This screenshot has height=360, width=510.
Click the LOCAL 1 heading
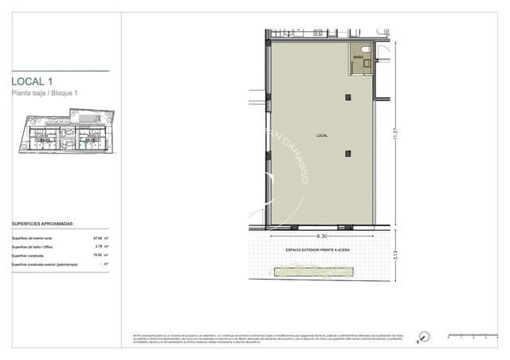click(33, 81)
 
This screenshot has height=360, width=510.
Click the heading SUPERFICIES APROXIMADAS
click(44, 225)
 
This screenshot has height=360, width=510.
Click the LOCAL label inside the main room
click(321, 136)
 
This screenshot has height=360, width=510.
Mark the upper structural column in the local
click(347, 97)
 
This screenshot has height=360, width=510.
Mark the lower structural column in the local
click(347, 154)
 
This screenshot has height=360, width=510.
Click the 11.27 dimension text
click(393, 137)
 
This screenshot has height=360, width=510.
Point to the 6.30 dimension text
click(322, 236)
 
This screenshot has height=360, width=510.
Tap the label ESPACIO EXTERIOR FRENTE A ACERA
click(318, 250)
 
